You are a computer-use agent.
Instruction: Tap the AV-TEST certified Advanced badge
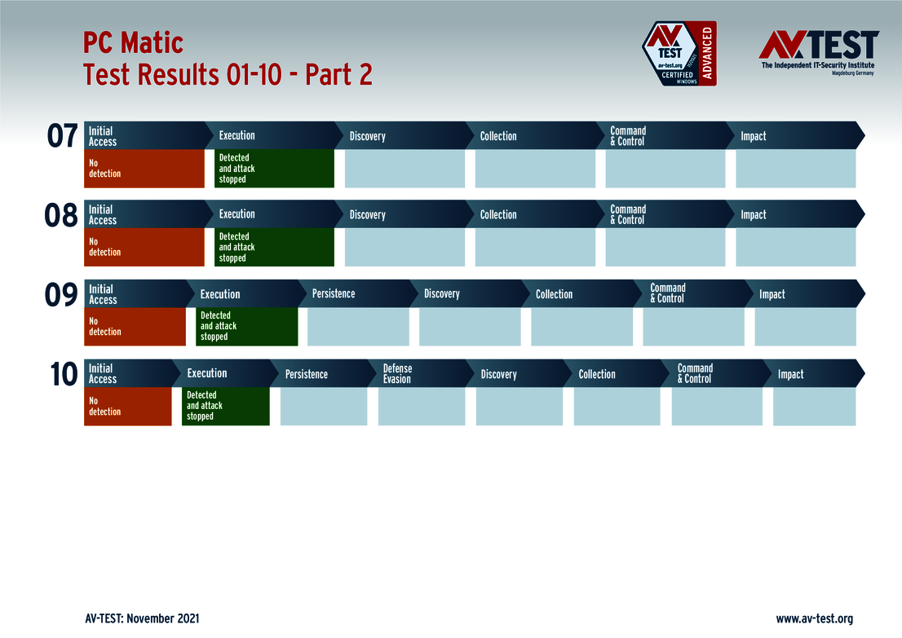[679, 54]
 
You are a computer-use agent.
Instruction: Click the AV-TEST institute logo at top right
[818, 51]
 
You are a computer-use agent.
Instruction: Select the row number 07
[62, 136]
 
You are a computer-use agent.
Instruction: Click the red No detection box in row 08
[144, 247]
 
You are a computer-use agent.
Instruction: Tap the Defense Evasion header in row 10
[398, 374]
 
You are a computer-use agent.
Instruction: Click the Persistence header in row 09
[334, 293]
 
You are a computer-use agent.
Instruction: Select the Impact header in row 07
[754, 136]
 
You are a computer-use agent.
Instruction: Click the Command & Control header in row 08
[628, 215]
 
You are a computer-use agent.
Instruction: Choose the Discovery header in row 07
[368, 136]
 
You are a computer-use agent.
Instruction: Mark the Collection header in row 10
[597, 374]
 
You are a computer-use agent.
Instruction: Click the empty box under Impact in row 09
[805, 326]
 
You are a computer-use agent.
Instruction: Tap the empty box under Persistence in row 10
[324, 406]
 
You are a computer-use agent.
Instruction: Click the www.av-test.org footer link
[814, 619]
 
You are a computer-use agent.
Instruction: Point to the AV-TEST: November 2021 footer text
[142, 619]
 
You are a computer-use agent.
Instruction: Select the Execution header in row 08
[237, 214]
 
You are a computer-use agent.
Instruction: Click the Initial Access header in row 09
[103, 294]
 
